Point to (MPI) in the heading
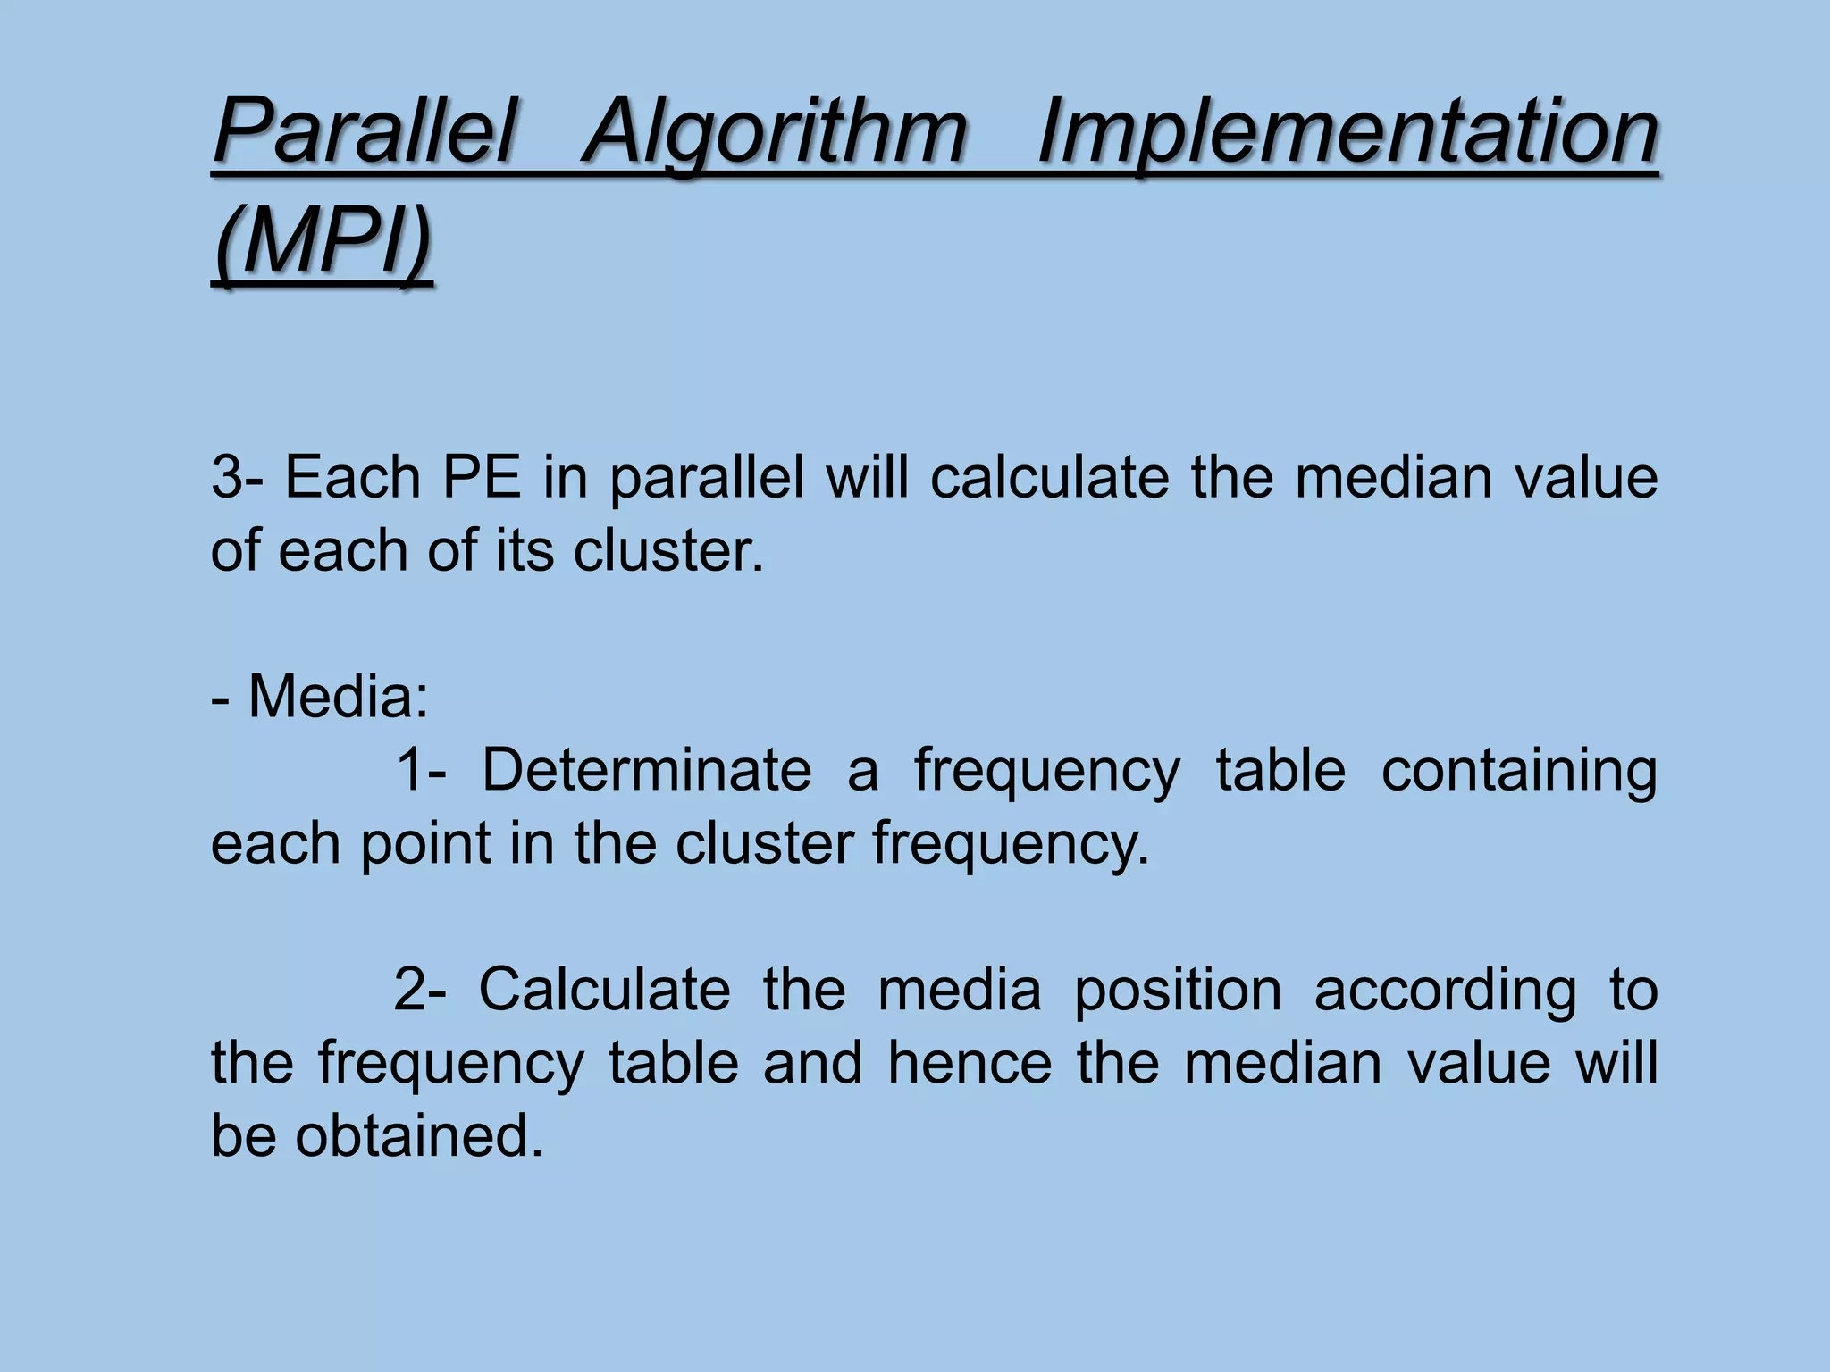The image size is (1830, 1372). point(323,241)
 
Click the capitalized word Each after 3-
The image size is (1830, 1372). point(352,477)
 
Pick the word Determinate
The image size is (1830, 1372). point(647,769)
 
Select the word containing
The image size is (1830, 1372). point(1519,771)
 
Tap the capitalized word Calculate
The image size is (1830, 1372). point(605,990)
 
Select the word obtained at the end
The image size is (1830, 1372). point(419,1136)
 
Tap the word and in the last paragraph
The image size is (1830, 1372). point(813,1063)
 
